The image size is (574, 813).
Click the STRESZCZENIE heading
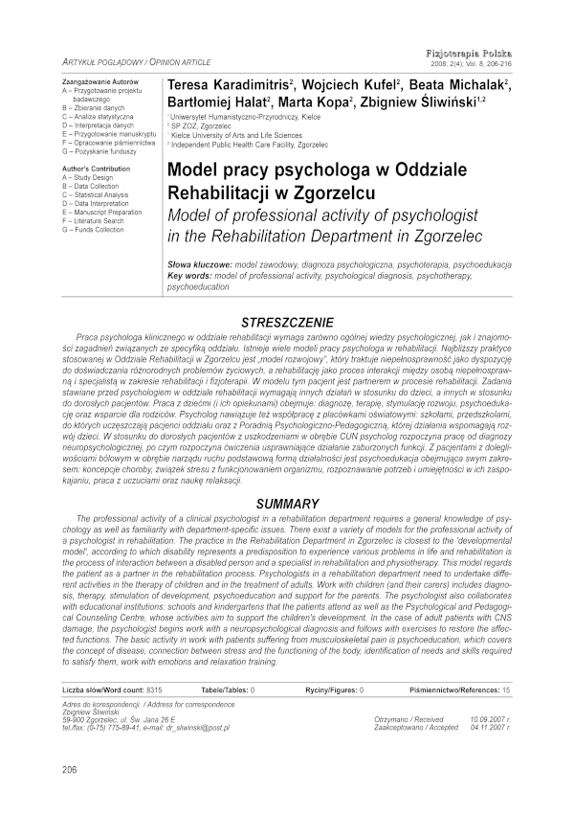click(288, 323)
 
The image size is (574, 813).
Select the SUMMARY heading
click(288, 504)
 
